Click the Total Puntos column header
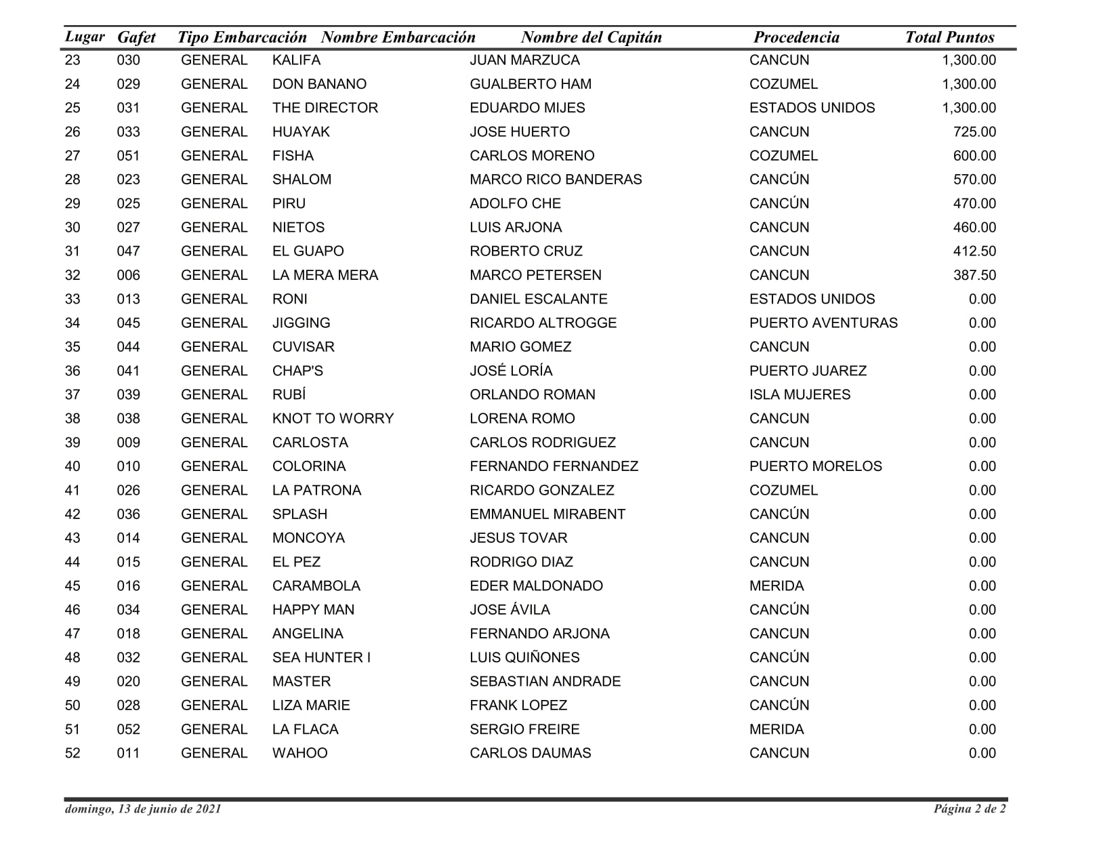click(x=949, y=37)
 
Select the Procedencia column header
click(x=796, y=37)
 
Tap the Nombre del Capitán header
click(x=591, y=37)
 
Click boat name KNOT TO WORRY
click(x=333, y=419)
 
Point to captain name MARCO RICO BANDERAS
click(x=556, y=180)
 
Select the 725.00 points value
click(x=974, y=132)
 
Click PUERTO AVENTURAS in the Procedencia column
click(x=823, y=323)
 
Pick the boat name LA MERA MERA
click(x=325, y=275)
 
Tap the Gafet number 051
click(x=128, y=156)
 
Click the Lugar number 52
click(x=73, y=754)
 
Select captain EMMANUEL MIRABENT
click(x=547, y=514)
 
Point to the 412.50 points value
click(x=974, y=251)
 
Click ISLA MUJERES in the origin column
click(x=800, y=395)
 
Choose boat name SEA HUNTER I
click(x=321, y=658)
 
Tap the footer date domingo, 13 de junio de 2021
click(x=143, y=808)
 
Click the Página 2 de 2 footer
click(x=970, y=808)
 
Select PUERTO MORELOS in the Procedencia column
click(x=816, y=467)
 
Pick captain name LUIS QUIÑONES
click(x=524, y=658)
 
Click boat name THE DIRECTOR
click(x=325, y=108)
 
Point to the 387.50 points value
click(x=974, y=275)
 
